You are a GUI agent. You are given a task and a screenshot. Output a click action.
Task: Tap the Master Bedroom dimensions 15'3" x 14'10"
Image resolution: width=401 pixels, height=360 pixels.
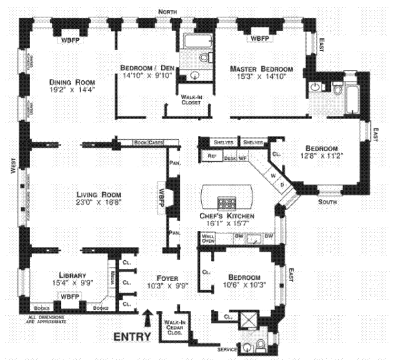tap(261, 78)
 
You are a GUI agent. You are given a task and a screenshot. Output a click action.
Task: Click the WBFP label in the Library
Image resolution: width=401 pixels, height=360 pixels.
tap(68, 295)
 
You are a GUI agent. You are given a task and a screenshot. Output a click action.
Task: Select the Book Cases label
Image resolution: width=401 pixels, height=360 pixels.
tap(148, 143)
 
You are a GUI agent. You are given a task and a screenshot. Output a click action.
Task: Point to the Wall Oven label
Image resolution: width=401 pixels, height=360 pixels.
tap(207, 238)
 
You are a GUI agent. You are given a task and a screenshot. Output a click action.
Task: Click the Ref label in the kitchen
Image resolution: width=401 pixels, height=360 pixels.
tap(212, 156)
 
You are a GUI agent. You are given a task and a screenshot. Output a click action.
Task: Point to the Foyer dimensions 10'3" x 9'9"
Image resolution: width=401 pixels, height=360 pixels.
tap(164, 286)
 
